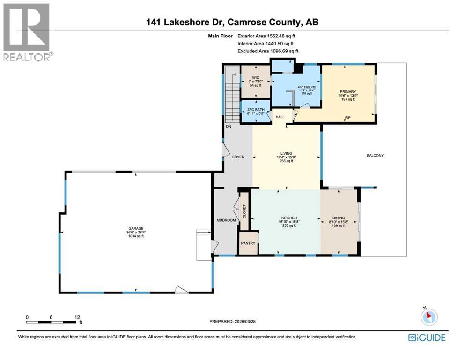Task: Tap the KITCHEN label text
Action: point(288,218)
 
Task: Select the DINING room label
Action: point(338,218)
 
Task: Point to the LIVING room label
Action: point(286,153)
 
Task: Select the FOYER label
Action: point(238,157)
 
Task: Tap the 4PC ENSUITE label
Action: point(297,86)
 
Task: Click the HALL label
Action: point(280,117)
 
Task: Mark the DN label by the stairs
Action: point(229,127)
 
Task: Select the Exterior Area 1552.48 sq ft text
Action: point(266,36)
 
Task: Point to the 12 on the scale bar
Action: point(77,316)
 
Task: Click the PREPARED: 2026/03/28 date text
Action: point(233,322)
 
